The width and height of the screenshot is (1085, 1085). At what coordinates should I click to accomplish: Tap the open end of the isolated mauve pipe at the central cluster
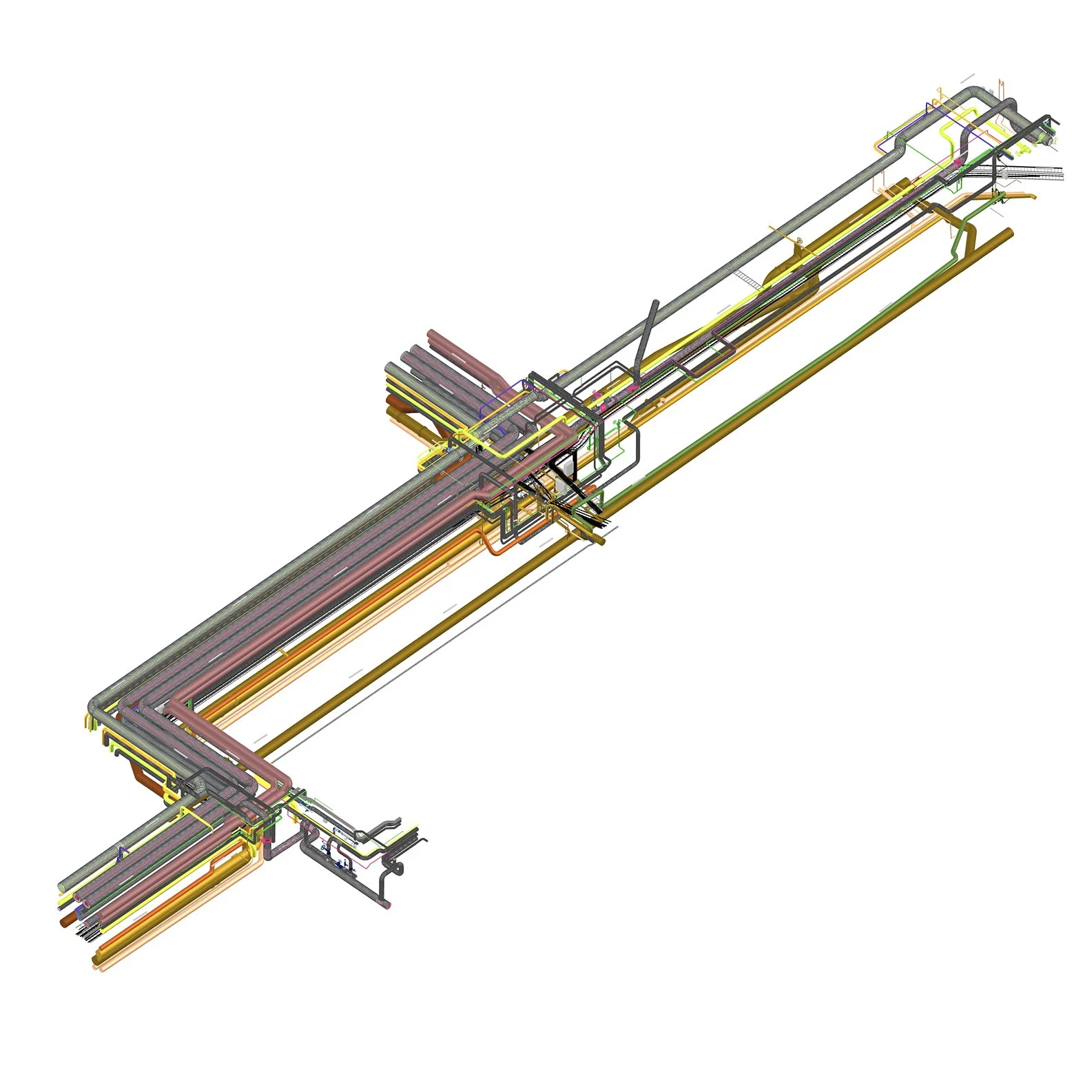click(x=432, y=335)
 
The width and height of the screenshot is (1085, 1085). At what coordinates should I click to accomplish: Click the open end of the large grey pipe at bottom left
click(x=63, y=884)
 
